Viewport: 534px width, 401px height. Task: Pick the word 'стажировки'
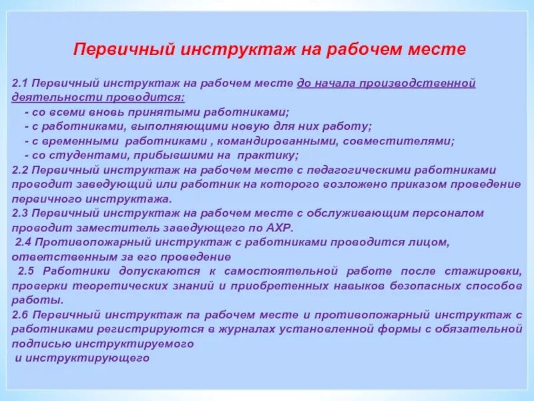coord(487,271)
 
